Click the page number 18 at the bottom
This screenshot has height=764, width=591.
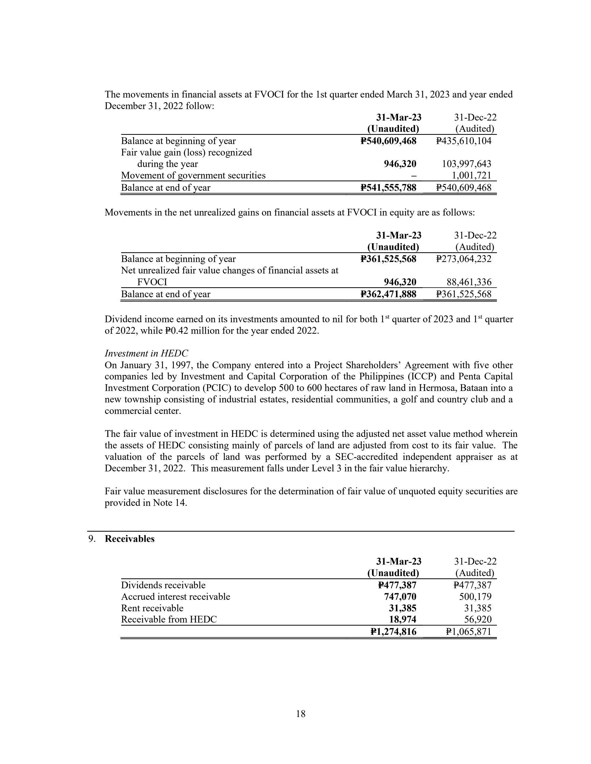301,714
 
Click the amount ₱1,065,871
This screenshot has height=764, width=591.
469,631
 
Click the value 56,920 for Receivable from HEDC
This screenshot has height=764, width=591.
478,619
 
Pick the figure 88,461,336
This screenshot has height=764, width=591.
469,282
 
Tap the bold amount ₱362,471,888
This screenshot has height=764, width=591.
388,294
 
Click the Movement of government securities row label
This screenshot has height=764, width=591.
193,175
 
